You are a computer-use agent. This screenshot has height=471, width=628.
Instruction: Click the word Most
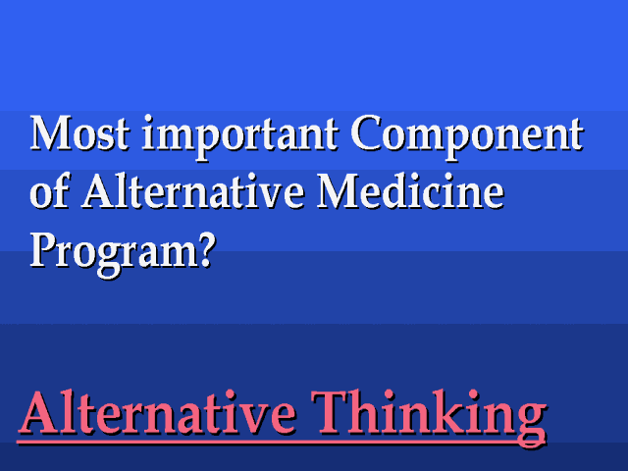point(79,133)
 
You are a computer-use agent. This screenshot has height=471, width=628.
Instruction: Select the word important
point(239,137)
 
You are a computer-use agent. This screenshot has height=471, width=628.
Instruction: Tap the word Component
point(467,137)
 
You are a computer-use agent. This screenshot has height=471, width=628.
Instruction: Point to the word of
point(50,190)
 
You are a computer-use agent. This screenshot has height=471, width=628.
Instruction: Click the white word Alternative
point(192,190)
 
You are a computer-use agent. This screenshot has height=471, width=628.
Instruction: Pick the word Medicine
point(410,190)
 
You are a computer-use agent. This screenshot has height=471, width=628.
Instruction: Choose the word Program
point(114,254)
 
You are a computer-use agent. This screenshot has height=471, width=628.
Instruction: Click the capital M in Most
point(51,133)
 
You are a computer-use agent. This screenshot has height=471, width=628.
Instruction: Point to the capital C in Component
point(366,133)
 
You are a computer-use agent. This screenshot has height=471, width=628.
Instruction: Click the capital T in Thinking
point(331,413)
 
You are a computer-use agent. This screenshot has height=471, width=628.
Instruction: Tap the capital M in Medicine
point(338,190)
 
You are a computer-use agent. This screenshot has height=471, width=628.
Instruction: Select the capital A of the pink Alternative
point(40,413)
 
